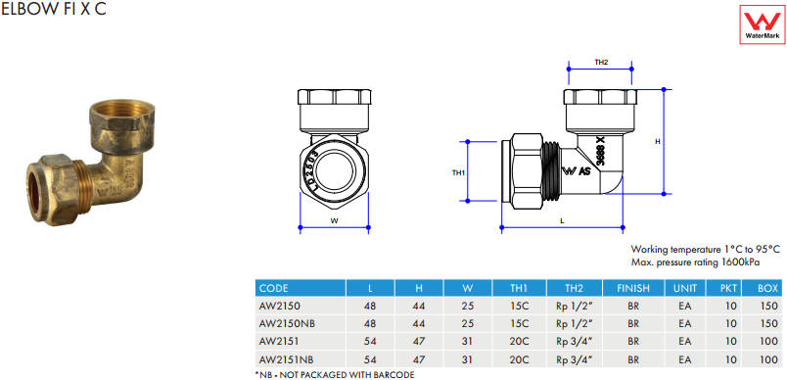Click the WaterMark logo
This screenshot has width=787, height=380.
tap(762, 25)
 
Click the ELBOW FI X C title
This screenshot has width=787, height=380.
tap(54, 9)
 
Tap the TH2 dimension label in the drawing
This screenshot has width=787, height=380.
tap(601, 63)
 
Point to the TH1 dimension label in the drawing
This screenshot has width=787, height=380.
tap(459, 172)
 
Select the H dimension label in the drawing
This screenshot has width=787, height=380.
tap(658, 142)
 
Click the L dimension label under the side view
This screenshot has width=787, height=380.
tap(562, 220)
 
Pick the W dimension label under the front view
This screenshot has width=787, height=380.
tap(334, 220)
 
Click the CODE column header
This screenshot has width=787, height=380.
tap(273, 288)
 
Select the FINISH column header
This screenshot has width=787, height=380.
tap(633, 288)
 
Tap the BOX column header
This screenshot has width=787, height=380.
tap(768, 288)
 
